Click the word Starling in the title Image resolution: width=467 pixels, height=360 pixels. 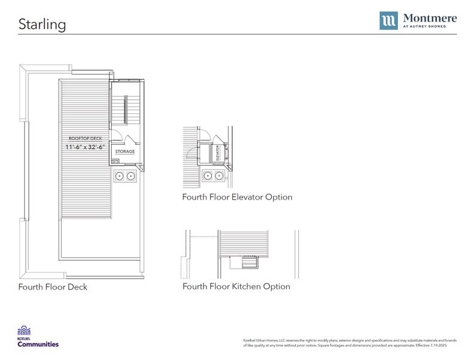42,24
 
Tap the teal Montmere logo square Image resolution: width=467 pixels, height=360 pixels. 388,20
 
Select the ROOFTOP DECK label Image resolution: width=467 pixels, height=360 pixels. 85,139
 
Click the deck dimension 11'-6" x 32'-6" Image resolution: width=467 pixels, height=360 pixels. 85,147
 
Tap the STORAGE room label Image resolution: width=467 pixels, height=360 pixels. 125,152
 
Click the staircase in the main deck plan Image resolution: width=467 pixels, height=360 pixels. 125,110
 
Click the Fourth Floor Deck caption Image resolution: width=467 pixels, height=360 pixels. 53,287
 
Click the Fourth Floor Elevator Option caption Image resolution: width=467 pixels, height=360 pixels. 237,197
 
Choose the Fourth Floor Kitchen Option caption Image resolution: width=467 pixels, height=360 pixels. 236,286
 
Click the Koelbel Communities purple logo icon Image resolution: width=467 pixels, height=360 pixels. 25,331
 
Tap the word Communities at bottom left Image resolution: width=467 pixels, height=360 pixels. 38,344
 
